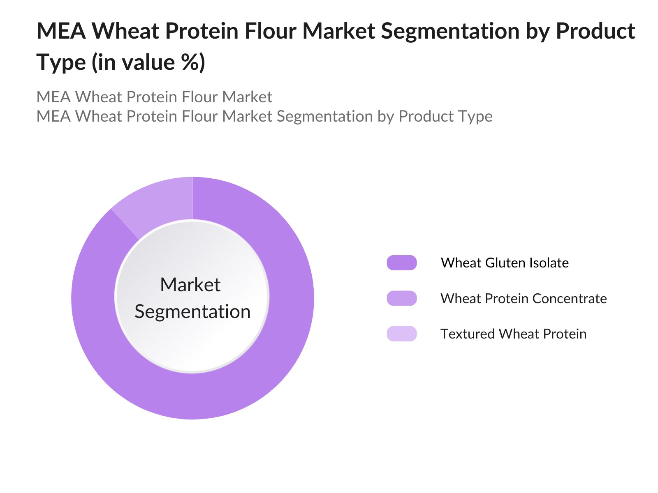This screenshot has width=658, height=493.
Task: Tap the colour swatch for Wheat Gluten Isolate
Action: (x=402, y=263)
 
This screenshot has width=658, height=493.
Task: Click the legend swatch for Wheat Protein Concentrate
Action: (x=402, y=298)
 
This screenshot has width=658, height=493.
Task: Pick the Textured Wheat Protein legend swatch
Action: (x=402, y=334)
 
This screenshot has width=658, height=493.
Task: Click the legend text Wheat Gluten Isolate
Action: (x=505, y=263)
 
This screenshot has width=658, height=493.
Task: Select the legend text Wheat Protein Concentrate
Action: (x=524, y=298)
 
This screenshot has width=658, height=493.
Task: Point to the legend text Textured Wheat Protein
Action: (x=513, y=334)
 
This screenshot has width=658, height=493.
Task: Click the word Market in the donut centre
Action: (x=190, y=285)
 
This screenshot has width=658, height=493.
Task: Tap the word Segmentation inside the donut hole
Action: (x=192, y=311)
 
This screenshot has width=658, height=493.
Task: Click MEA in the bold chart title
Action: (x=61, y=31)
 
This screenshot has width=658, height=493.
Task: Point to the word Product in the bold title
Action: (x=595, y=31)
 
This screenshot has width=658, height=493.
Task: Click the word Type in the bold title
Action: (x=61, y=63)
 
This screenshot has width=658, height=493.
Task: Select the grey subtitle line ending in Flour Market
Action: (x=154, y=97)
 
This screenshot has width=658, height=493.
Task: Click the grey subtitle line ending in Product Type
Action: (x=264, y=116)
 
